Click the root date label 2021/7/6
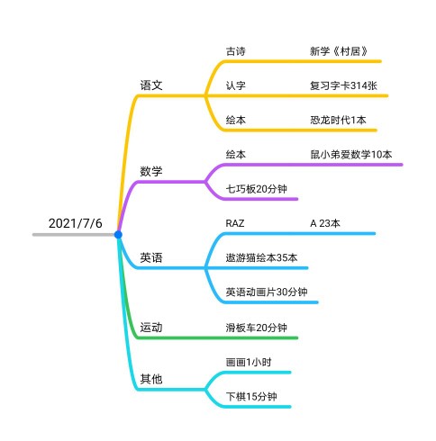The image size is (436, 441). coord(76,223)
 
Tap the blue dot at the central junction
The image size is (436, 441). coord(118,235)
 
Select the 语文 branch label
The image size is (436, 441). coord(151,85)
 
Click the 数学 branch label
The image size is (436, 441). coord(151,172)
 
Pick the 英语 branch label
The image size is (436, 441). coord(151,257)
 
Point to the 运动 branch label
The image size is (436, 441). coord(151,328)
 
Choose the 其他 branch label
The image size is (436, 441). coord(151,379)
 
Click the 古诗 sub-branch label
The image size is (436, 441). coord(236,51)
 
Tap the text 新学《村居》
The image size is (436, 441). coord(339,51)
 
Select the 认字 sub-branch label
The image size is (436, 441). coord(236,85)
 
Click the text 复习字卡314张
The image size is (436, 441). coord(343,85)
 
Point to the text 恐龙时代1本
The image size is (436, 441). coord(338,121)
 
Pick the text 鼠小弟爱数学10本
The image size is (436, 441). coord(351,155)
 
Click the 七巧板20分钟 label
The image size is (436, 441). coord(257,189)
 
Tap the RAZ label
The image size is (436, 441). coord(235,223)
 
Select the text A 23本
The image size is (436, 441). coord(325,223)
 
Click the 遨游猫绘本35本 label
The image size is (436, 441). coord(261,257)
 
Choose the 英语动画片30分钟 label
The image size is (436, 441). coord(267,292)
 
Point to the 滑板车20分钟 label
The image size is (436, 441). coord(257,328)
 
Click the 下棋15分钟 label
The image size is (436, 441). coord(251,397)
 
